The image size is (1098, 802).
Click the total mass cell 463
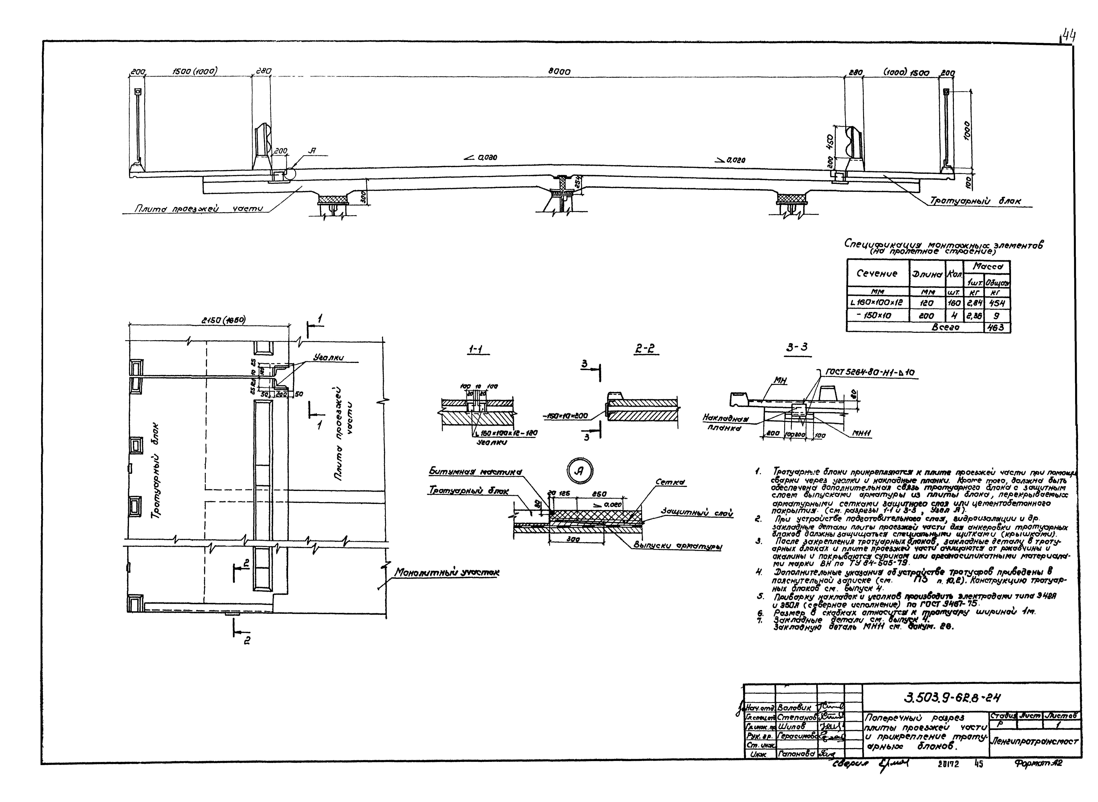coord(997,328)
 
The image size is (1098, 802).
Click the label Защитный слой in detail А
coord(696,513)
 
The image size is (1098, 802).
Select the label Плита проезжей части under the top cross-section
coord(198,209)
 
